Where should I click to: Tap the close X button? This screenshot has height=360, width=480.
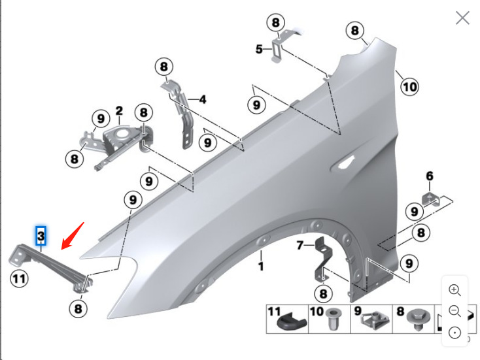462,18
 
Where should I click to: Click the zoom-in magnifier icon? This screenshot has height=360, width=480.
455,289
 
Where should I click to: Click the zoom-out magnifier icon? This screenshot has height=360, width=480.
455,311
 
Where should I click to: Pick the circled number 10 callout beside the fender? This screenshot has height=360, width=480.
409,86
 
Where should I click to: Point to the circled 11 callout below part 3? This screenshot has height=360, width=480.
20,279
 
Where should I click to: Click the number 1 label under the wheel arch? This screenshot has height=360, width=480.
260,267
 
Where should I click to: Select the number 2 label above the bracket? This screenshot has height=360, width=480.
119,110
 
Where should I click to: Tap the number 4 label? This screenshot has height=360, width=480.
203,99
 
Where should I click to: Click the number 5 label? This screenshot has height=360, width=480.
259,49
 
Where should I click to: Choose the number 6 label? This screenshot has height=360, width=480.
430,176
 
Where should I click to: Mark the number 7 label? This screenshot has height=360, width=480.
300,246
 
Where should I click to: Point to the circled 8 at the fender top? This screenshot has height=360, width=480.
354,30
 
